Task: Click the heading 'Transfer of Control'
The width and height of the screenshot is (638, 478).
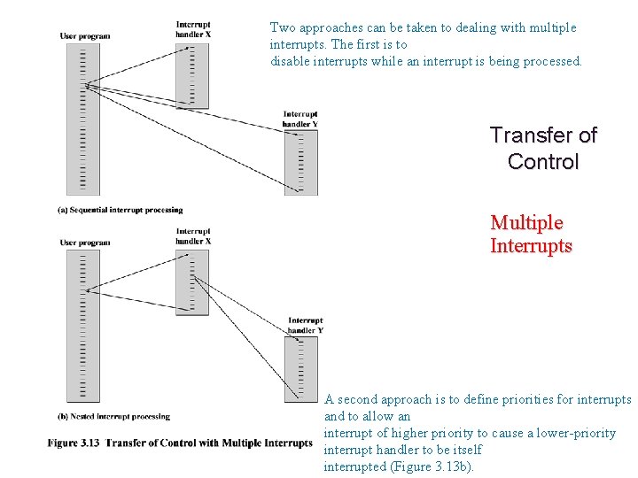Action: [x=543, y=149]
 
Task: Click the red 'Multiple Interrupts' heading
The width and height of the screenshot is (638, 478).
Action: [x=531, y=235]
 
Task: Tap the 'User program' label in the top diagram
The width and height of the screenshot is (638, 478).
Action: [x=85, y=35]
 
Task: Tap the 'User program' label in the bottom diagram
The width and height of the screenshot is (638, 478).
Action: [x=85, y=243]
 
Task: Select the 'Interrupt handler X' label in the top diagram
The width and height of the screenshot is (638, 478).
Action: [x=193, y=29]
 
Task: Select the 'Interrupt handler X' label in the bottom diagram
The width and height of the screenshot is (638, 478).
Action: [x=193, y=236]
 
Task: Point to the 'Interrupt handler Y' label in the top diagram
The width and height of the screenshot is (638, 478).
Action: [x=300, y=119]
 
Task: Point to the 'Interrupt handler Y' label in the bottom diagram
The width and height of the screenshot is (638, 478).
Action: [x=306, y=325]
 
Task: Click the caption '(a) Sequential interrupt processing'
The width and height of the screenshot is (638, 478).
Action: [x=120, y=210]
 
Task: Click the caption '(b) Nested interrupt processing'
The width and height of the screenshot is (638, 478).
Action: [x=113, y=416]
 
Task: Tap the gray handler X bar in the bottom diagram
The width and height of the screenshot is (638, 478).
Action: [x=191, y=281]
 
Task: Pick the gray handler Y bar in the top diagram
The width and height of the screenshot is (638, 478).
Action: [x=300, y=162]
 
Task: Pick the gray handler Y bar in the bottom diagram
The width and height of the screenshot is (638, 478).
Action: [x=300, y=368]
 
